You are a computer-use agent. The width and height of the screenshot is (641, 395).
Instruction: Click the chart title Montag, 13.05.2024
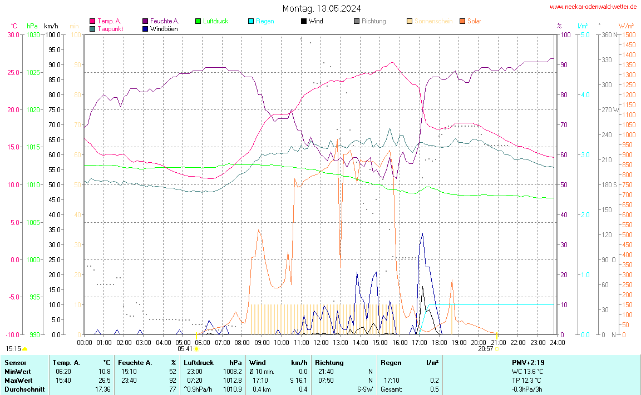321,8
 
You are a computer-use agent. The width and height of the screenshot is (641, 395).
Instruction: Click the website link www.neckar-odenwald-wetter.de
593,7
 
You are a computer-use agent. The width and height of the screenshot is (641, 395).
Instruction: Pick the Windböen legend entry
164,29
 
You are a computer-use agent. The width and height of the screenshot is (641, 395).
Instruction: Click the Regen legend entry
265,21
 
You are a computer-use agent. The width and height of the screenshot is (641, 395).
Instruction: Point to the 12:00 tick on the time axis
320,343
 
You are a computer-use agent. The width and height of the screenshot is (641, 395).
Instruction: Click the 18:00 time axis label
439,343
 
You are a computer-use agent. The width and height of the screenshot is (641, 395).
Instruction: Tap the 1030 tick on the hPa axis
33,34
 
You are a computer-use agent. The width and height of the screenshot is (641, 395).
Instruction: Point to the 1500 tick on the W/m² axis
628,34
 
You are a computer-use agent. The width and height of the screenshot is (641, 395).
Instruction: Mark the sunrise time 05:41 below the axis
185,349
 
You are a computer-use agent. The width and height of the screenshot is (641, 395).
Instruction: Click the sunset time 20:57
485,349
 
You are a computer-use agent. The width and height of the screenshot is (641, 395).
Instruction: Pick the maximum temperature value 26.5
104,381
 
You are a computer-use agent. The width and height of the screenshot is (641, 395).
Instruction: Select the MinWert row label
17,372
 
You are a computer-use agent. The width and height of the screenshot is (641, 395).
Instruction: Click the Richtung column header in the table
329,363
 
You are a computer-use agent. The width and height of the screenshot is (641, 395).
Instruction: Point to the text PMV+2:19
528,363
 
